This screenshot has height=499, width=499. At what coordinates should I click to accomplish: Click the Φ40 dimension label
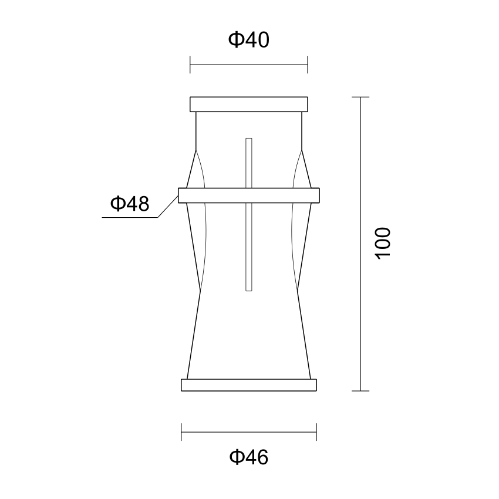[x=249, y=40]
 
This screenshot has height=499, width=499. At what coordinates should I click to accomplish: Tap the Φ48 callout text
[x=130, y=204]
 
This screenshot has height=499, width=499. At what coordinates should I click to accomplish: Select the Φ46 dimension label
[x=249, y=457]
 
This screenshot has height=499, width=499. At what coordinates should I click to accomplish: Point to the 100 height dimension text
[x=383, y=244]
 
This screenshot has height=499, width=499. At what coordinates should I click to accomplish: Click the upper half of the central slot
[x=249, y=163]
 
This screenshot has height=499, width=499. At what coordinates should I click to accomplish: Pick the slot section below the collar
[x=249, y=247]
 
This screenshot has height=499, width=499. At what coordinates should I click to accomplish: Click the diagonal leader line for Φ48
[x=168, y=207]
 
